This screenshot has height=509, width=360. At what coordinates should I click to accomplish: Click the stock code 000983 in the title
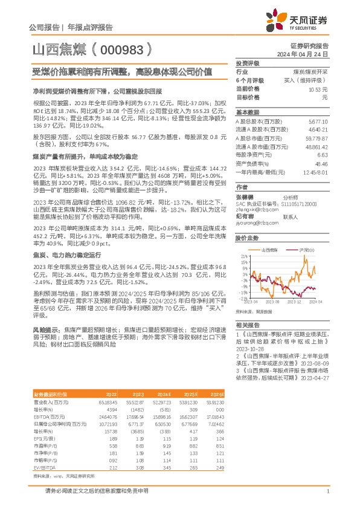pos(119,49)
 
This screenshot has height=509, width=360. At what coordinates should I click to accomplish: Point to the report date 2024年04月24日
pos(309,54)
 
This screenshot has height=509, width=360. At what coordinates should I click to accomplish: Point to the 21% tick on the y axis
pos(243,256)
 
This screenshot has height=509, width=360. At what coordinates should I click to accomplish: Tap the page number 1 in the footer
pos(327,492)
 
